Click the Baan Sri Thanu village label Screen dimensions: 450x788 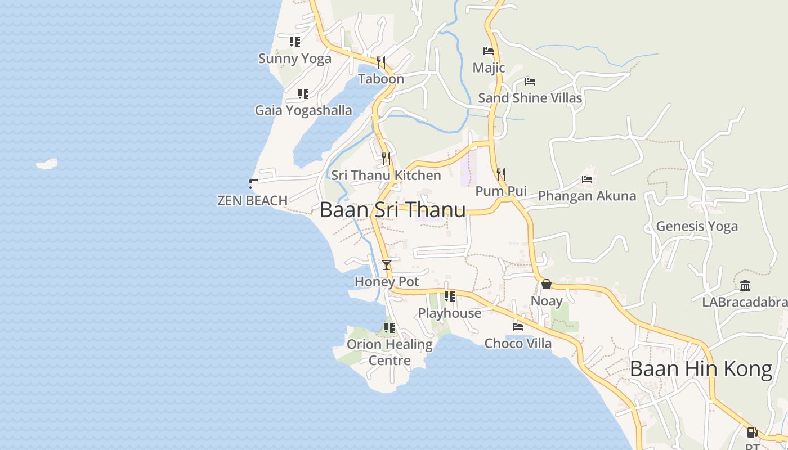[x=392, y=210]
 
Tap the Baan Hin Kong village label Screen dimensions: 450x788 [x=701, y=369]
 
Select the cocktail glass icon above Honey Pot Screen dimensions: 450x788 [x=386, y=264]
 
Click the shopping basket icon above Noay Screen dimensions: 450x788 [x=546, y=284]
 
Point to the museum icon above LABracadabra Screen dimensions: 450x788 [x=745, y=285]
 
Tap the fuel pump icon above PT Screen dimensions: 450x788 [x=752, y=433]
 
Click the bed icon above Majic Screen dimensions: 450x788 [x=489, y=51]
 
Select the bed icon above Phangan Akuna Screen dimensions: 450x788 [x=587, y=180]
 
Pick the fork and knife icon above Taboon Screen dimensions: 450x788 [x=381, y=62]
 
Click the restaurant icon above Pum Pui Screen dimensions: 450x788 [x=501, y=174]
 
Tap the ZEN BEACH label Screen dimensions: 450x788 [x=252, y=200]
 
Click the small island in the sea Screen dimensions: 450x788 [x=47, y=164]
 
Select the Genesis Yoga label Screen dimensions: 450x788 [x=697, y=226]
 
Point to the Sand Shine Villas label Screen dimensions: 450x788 [x=530, y=98]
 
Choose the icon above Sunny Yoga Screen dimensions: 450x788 [x=294, y=42]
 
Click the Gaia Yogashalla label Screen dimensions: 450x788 [x=303, y=110]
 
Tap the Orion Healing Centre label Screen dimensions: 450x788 [x=389, y=352]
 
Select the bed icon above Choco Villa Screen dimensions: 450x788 [x=518, y=326]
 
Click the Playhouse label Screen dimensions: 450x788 [x=449, y=313]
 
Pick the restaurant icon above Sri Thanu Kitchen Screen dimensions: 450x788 [x=386, y=159]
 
